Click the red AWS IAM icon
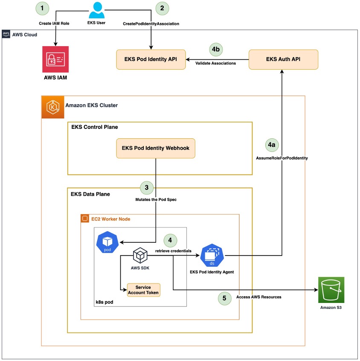point(55,60)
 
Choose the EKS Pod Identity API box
point(151,60)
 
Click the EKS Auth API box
point(283,59)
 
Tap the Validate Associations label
point(216,64)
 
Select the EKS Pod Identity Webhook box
point(156,148)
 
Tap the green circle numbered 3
point(147,188)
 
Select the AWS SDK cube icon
point(140,255)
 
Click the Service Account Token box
point(143,290)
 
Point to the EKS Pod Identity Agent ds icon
point(212,255)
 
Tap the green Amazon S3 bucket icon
point(331,290)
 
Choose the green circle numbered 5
point(224,298)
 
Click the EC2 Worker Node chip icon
point(84,219)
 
